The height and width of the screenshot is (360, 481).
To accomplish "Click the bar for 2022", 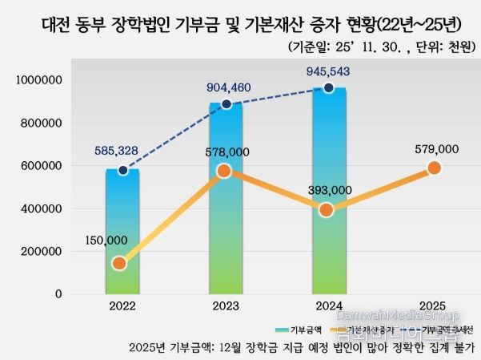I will (x=122, y=233).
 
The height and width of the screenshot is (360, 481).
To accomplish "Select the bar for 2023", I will (x=226, y=200).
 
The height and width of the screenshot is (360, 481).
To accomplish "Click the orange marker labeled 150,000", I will (x=119, y=263).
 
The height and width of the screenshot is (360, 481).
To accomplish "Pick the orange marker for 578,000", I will (x=224, y=171).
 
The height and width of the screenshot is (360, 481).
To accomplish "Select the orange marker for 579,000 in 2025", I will (x=435, y=168).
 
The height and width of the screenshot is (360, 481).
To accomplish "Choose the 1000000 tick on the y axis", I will (x=40, y=81).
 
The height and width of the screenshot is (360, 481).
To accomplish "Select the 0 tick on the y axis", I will (x=58, y=294).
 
